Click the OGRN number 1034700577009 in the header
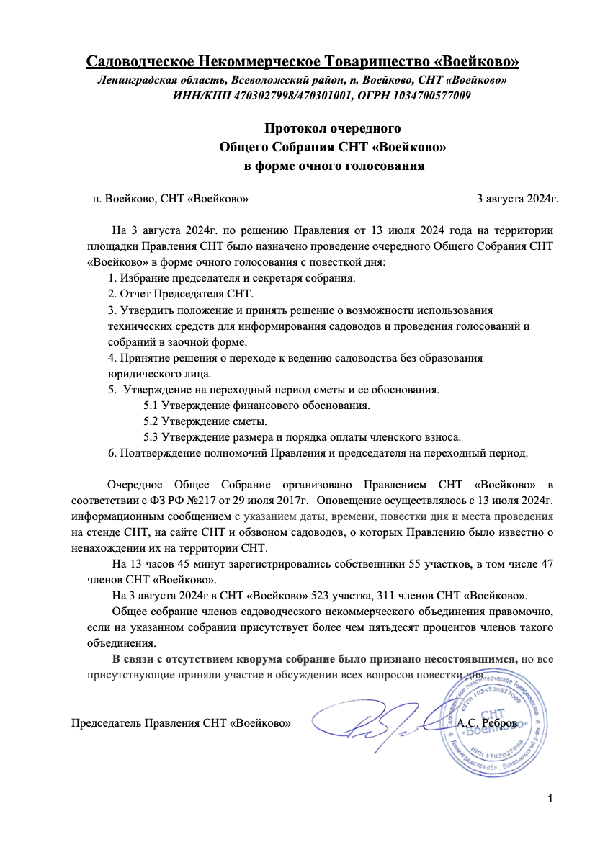pyautogui.click(x=431, y=95)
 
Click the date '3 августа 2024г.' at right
pyautogui.click(x=518, y=198)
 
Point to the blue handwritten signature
pyautogui.click(x=367, y=724)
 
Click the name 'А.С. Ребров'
pyautogui.click(x=487, y=722)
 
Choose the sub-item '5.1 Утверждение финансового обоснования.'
pyautogui.click(x=256, y=406)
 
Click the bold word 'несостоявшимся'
pyautogui.click(x=473, y=658)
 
